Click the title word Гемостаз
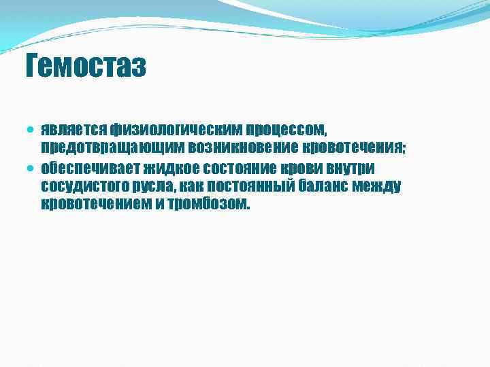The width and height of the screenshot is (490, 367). [x=85, y=67]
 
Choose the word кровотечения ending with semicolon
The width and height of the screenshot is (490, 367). [x=350, y=147]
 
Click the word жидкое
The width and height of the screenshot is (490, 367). [x=166, y=167]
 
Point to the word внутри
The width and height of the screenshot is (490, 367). [x=346, y=167]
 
